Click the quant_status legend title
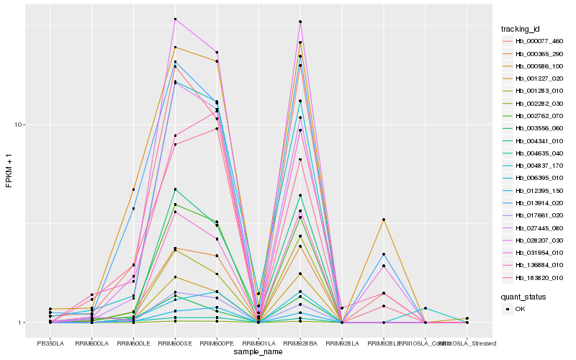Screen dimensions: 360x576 point(523,296)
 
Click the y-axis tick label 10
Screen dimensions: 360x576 point(20,125)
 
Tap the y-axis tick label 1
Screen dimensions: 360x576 point(22,323)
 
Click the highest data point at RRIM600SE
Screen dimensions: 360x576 point(175,19)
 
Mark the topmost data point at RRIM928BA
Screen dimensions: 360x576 point(300,22)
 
